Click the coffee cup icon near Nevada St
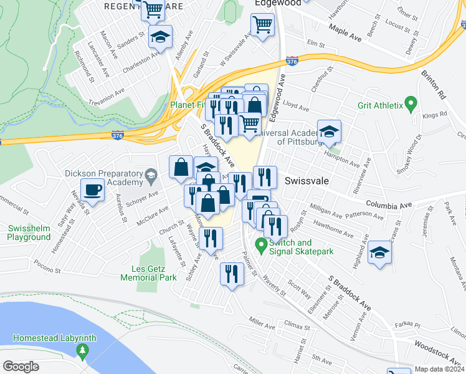(93, 189)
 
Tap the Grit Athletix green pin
(410, 102)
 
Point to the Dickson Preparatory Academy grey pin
(150, 177)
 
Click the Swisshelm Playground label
(29, 232)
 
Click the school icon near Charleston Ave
(161, 37)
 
